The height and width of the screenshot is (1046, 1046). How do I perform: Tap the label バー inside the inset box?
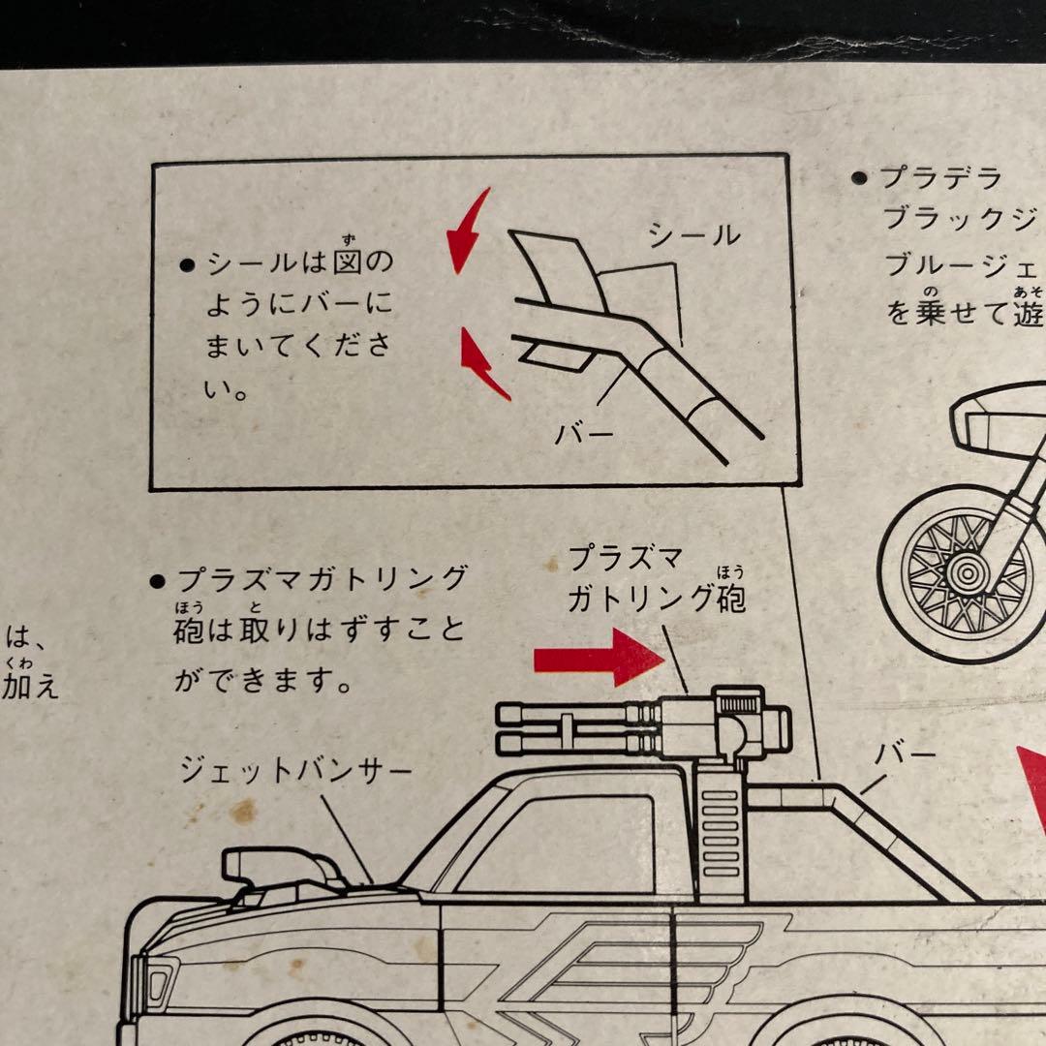584,433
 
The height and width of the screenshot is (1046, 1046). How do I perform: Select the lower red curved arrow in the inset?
481,363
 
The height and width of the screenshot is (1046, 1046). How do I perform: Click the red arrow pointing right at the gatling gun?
597,657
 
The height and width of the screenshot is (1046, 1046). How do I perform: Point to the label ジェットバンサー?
295,771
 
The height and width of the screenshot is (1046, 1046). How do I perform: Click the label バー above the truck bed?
906,754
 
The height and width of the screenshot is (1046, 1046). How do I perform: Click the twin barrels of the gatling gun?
571,728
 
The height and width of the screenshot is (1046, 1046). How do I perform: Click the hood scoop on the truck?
281,866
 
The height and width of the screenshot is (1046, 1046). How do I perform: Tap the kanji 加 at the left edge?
18,688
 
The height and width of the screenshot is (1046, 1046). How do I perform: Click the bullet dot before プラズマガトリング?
156,581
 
